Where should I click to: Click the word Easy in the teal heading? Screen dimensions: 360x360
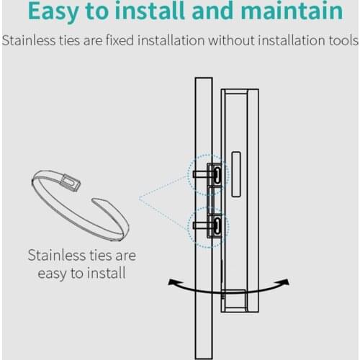tap(53, 12)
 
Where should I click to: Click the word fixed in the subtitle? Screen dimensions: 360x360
tap(120, 40)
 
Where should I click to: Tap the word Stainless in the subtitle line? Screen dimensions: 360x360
tap(29, 40)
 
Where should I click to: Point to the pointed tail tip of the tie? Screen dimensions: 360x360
tap(94, 200)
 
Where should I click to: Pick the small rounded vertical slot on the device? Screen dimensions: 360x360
tap(236, 174)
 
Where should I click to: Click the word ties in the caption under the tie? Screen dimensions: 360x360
tap(101, 255)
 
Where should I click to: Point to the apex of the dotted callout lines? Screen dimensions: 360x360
tap(140, 198)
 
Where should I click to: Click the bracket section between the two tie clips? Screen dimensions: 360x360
tap(215, 199)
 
